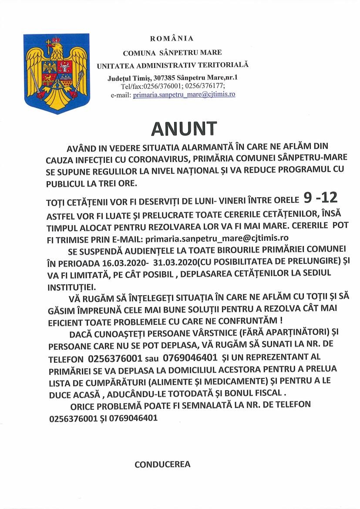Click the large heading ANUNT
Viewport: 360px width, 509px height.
tap(184, 128)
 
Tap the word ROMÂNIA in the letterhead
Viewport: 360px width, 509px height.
tap(172, 39)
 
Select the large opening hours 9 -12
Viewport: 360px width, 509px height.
tap(320, 199)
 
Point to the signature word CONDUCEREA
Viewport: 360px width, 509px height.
tap(162, 464)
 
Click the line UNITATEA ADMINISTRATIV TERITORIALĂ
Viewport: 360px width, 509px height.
tap(172, 65)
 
